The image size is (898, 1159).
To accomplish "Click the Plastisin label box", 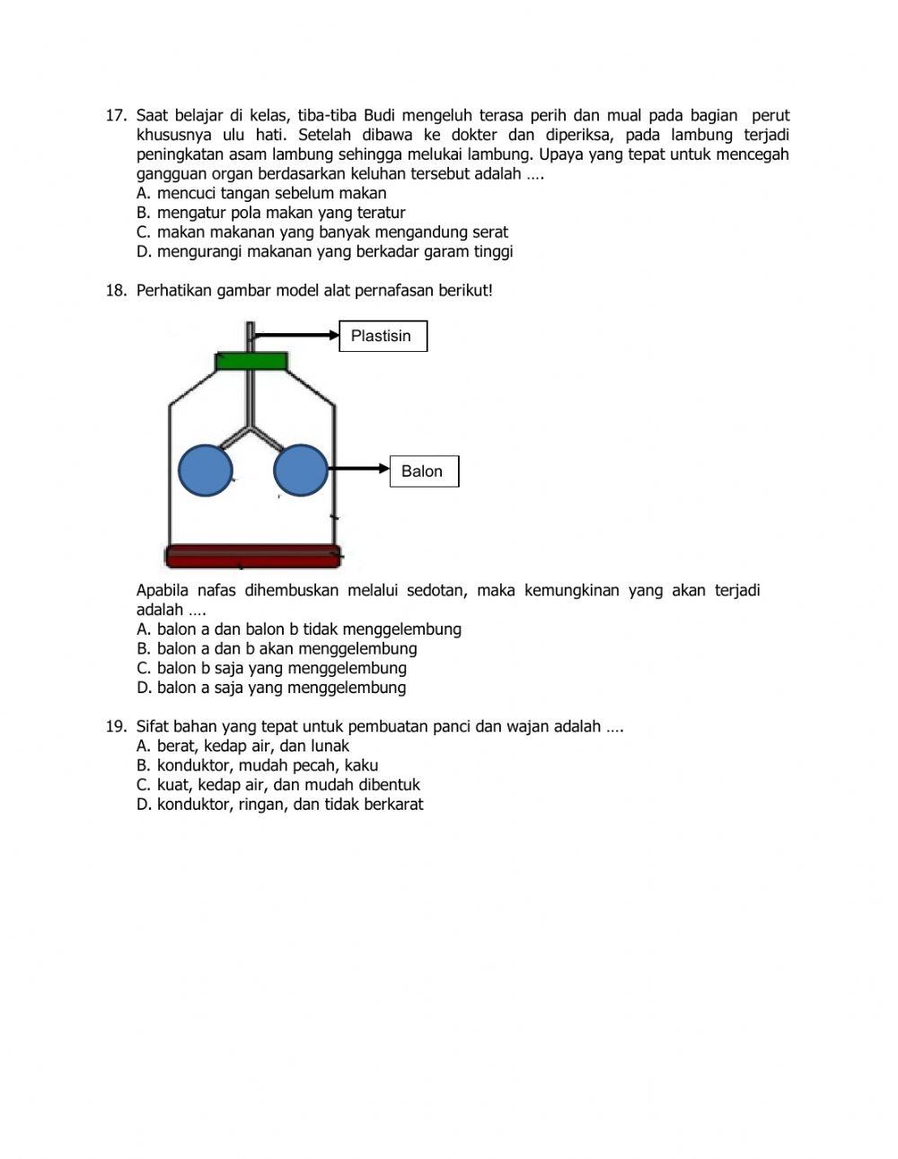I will [383, 337].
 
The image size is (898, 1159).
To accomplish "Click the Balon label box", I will [423, 471].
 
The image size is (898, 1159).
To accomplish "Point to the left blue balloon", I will [206, 470].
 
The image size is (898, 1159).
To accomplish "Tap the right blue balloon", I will [300, 470].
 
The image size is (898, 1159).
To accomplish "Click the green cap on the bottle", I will [251, 361].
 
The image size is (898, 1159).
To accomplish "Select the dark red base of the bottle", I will [252, 557].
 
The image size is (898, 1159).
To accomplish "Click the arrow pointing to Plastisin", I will [296, 336].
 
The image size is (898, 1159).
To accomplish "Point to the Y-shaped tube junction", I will [251, 429].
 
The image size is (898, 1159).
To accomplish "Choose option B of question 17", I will [270, 214].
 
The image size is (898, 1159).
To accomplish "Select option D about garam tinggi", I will [324, 252].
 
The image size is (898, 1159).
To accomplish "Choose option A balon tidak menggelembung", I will [298, 630].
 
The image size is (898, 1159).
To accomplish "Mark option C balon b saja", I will [271, 669].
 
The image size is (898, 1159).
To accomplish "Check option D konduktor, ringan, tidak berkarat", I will [279, 805].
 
